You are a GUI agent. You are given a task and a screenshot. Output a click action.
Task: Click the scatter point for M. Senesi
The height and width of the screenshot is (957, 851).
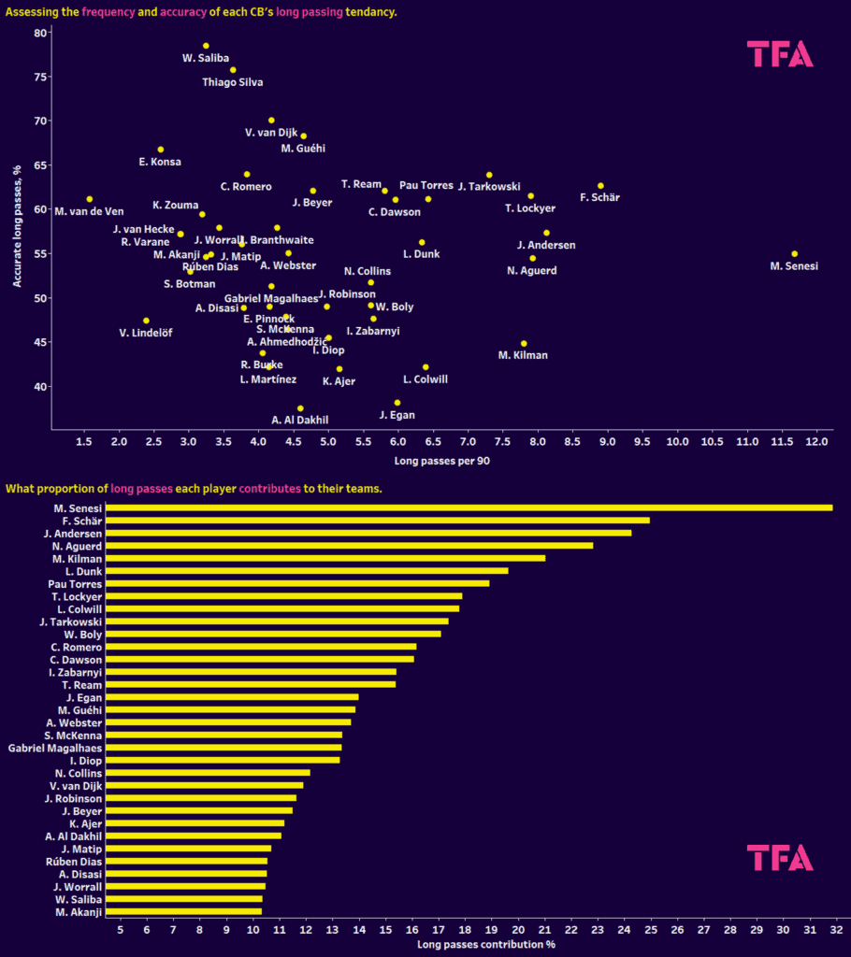click(794, 253)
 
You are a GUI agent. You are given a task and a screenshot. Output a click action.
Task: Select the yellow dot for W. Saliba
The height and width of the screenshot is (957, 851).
click(206, 46)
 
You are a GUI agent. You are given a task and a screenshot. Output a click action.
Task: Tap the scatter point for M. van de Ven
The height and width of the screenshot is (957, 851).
click(90, 199)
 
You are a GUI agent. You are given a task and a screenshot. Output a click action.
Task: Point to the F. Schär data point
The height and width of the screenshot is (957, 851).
click(600, 186)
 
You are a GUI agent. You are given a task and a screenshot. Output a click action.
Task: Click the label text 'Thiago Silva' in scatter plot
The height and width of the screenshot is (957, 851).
click(233, 82)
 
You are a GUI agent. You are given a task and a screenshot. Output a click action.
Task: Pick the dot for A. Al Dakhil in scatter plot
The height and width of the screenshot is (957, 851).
click(300, 408)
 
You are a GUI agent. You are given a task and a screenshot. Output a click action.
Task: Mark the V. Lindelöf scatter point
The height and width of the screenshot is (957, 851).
click(146, 321)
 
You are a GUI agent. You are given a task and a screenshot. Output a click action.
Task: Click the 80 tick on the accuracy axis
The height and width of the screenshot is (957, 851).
click(39, 33)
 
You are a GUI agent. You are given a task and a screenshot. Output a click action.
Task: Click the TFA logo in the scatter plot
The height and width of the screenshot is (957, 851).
click(780, 54)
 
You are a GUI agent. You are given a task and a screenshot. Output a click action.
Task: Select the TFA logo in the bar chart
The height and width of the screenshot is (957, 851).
click(780, 857)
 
